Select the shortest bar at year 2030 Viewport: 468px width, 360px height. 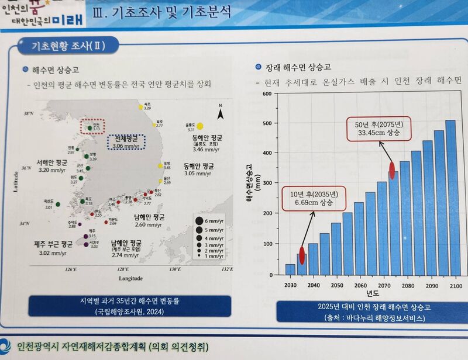pos(290,269)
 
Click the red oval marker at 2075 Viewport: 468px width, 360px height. pos(393,171)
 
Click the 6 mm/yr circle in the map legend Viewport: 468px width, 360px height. pos(198,221)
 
